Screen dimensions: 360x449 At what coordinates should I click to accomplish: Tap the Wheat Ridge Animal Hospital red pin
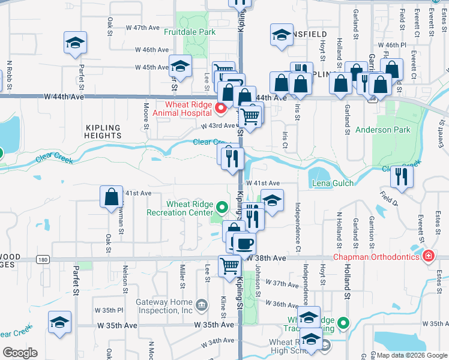point(221,109)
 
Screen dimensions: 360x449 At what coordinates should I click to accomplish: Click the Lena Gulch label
point(332,183)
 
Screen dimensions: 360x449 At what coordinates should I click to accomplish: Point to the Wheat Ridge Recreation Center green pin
point(223,208)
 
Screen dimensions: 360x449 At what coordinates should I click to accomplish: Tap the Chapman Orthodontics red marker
point(429,257)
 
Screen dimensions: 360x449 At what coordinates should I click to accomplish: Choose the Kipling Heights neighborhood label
point(103,131)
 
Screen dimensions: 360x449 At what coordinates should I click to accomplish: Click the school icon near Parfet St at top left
point(76,43)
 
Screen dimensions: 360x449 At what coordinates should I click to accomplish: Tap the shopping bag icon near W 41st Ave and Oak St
point(112,197)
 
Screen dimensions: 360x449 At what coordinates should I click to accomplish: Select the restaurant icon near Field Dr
point(401,176)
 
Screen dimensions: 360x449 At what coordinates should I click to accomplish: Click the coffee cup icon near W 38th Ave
point(244,244)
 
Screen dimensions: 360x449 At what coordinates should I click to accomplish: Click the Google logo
point(20,353)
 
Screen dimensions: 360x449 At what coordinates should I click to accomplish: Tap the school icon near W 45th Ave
point(179,67)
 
